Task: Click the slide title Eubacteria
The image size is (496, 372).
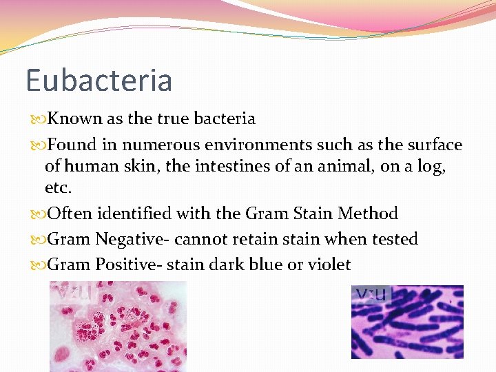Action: click(x=99, y=80)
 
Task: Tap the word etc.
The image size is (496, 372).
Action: click(x=58, y=188)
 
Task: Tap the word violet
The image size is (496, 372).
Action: click(x=329, y=265)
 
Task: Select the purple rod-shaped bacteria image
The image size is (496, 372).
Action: click(x=407, y=322)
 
